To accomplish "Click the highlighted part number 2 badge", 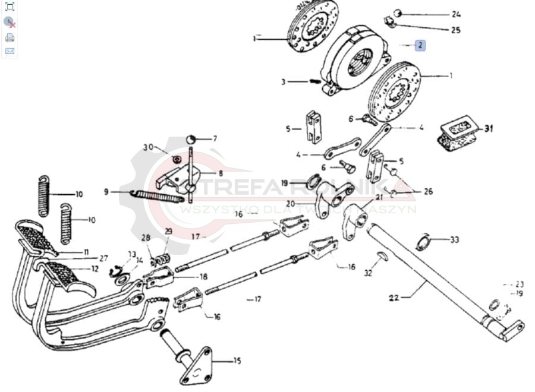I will pyautogui.click(x=420, y=45).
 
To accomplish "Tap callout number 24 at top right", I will pyautogui.click(x=455, y=14).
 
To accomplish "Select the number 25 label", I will pyautogui.click(x=455, y=30).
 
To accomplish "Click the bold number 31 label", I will pyautogui.click(x=489, y=128).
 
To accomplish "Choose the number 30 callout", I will pyautogui.click(x=148, y=147).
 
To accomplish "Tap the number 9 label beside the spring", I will pyautogui.click(x=106, y=192).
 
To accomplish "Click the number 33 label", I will pyautogui.click(x=454, y=240).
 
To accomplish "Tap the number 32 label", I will pyautogui.click(x=368, y=273).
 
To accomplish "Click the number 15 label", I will pyautogui.click(x=237, y=361).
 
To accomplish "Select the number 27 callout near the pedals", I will pyautogui.click(x=103, y=258).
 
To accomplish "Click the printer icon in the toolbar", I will pyautogui.click(x=10, y=37).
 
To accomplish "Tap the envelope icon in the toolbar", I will pyautogui.click(x=10, y=51).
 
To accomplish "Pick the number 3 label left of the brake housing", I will pyautogui.click(x=284, y=81).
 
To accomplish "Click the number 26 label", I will pyautogui.click(x=428, y=192).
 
